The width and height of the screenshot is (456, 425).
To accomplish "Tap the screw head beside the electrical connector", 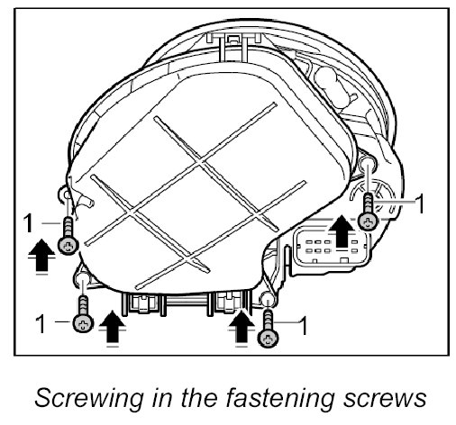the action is pos(369,222).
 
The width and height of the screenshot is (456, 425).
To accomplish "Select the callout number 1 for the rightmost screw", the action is pos(420,203).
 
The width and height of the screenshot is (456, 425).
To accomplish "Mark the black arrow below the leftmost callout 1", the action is pos(41,255).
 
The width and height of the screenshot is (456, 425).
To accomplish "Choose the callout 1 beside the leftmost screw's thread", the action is pos(29,222).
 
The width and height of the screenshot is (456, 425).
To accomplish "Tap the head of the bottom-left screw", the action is pos(83,323).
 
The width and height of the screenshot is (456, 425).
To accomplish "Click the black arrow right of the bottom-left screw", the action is pos(112,326).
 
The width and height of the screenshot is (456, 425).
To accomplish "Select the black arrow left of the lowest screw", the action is pos(242,326).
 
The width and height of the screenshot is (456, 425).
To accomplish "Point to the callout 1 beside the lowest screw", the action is pos(304,326).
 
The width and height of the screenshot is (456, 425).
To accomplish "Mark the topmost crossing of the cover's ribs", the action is pos(200,162).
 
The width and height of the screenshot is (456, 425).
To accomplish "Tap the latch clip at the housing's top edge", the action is pos(233,39).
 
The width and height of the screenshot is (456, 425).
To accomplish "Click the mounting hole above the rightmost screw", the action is pos(368,164).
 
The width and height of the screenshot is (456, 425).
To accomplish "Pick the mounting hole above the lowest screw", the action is pos(267,299).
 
